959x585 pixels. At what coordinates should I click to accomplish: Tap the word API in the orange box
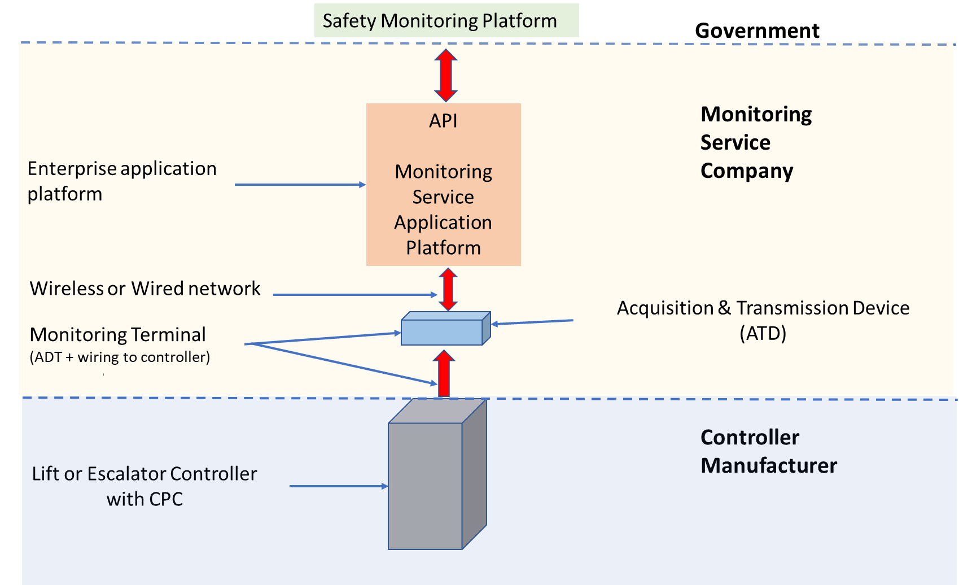click(x=443, y=121)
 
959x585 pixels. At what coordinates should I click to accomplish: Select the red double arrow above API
click(x=446, y=75)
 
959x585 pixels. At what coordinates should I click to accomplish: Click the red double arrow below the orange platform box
click(x=448, y=289)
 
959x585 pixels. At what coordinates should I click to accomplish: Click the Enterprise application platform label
click(x=121, y=181)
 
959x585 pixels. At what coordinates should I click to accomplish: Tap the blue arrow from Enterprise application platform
click(x=300, y=185)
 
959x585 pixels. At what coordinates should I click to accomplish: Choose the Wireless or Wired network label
click(x=145, y=289)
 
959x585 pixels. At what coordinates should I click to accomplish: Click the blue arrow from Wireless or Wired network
click(x=354, y=295)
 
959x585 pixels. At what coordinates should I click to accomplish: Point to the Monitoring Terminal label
click(x=117, y=334)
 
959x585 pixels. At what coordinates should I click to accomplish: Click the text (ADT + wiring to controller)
click(x=120, y=357)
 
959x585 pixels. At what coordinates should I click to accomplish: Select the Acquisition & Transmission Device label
click(x=763, y=308)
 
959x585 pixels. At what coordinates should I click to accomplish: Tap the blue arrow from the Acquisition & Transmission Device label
click(x=532, y=322)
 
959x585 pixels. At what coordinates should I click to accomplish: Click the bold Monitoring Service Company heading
click(x=755, y=142)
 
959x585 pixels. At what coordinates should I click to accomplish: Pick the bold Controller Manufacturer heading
click(x=768, y=451)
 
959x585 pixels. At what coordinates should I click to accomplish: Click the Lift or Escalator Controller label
click(x=144, y=486)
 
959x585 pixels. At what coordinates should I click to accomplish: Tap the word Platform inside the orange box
click(x=443, y=248)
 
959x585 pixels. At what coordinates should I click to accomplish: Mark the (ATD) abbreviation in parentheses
click(x=763, y=333)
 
